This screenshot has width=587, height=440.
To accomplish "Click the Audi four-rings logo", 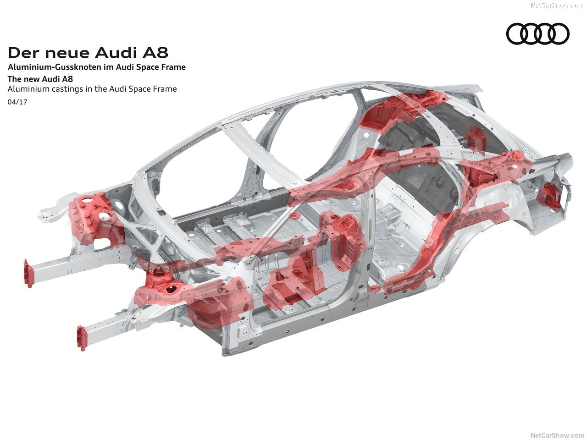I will coord(537,34).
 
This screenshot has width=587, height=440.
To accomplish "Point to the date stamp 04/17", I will coord(17,102).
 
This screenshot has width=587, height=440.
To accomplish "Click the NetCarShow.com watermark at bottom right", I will coord(557,434).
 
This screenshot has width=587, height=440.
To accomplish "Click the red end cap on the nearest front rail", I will coord(82,338).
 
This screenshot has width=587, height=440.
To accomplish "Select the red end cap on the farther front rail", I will coord(29,273).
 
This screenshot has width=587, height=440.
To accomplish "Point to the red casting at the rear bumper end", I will coord(550,196).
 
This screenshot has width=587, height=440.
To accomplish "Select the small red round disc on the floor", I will coord(294,214).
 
